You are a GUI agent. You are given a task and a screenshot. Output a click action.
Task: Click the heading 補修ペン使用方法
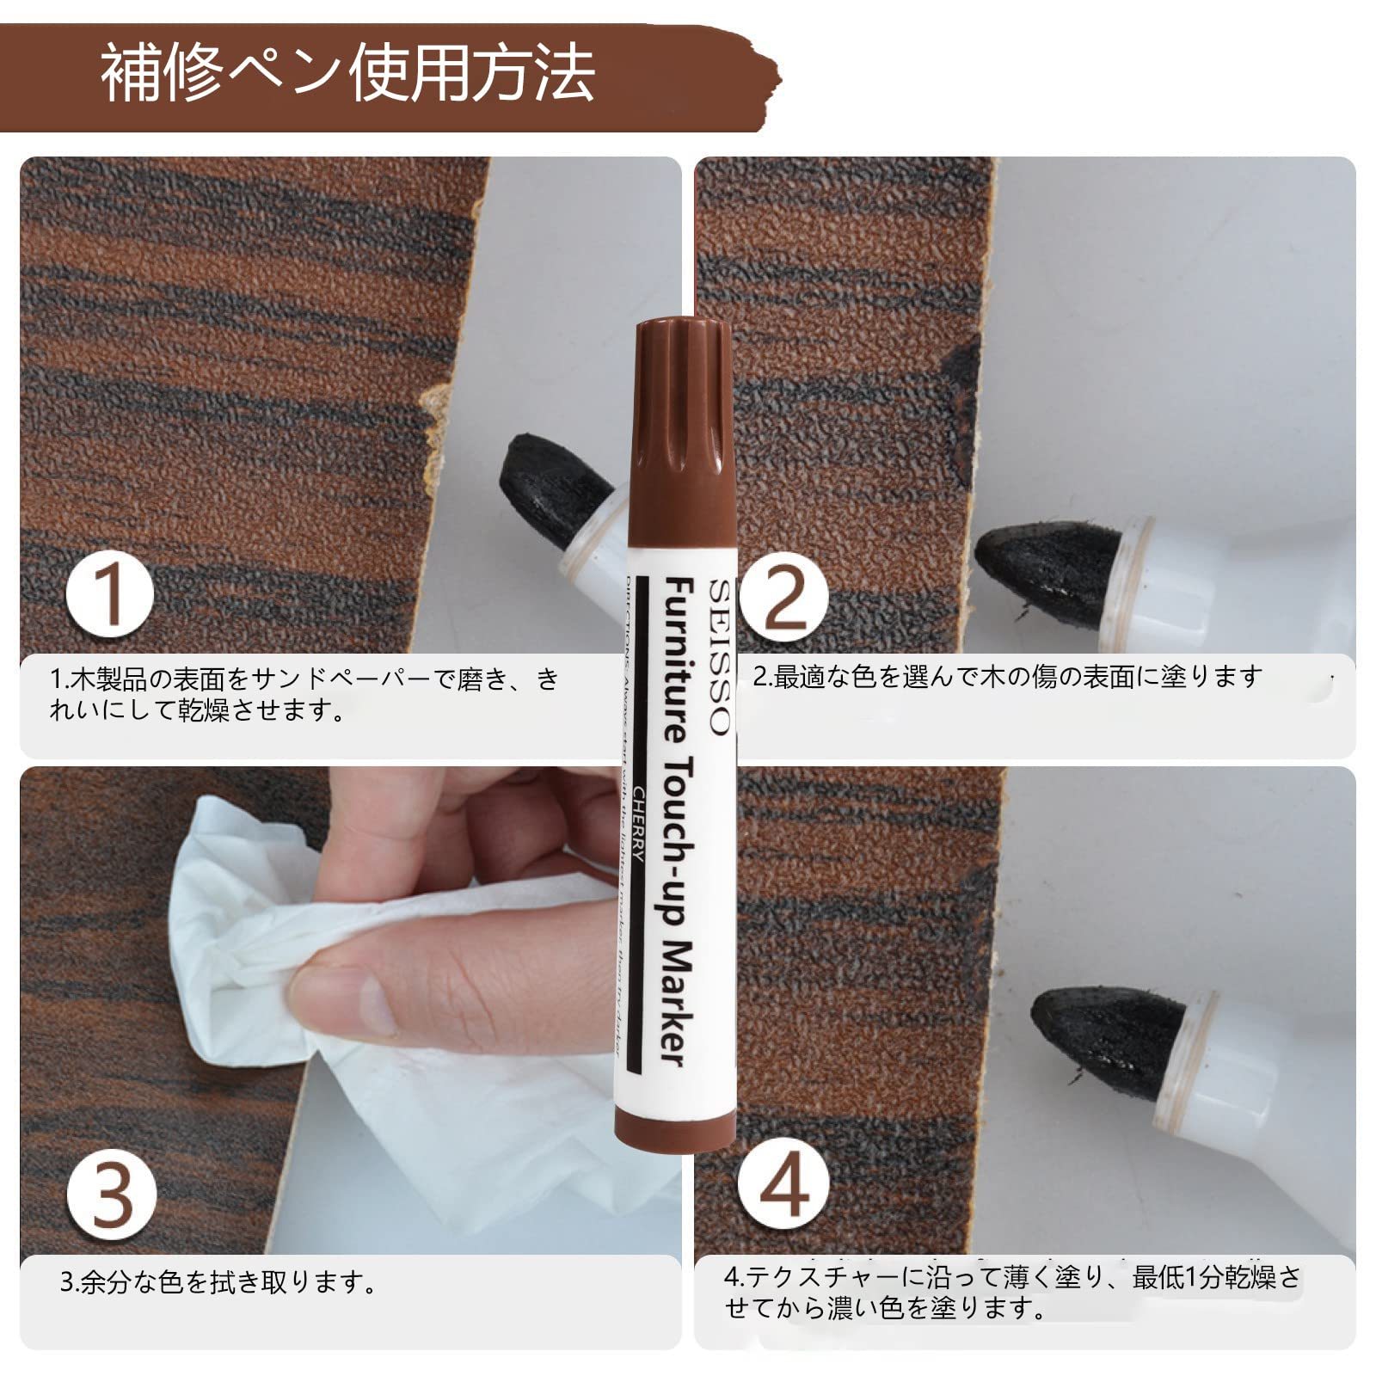[347, 74]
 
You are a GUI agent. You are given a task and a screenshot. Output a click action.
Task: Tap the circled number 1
[110, 594]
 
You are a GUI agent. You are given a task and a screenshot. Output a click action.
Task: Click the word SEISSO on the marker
[719, 657]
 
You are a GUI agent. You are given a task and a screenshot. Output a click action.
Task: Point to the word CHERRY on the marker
[639, 826]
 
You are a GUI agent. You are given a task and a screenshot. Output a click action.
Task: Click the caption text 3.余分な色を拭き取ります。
[219, 1283]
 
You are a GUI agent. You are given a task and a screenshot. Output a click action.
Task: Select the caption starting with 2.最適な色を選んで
[1007, 677]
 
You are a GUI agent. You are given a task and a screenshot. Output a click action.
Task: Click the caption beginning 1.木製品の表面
[305, 694]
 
